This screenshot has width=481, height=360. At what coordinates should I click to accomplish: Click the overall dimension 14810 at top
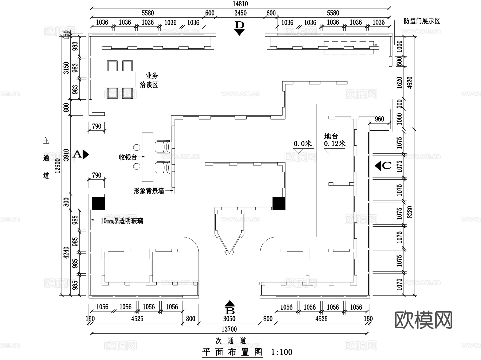pos(240,4)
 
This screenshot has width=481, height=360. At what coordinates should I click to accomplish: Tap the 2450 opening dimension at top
pos(240,13)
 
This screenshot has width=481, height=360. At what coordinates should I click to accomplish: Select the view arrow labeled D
pos(239,28)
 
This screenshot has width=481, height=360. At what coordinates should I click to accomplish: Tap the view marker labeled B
pos(230,308)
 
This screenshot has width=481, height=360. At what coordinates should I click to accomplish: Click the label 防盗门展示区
pos(422,21)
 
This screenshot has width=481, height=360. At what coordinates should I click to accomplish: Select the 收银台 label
pos(128,157)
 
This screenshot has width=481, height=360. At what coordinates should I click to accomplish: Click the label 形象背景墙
pos(149,191)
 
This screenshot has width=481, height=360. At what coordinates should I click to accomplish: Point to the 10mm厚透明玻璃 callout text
pos(122,221)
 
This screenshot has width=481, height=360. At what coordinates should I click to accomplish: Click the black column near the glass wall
pos(98,203)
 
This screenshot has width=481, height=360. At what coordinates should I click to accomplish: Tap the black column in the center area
pos(279,203)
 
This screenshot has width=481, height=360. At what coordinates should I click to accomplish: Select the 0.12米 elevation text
pos(335,144)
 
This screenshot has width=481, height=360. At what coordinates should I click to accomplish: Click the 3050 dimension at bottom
pos(229,319)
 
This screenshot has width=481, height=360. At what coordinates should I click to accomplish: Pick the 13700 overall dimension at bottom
pos(229,329)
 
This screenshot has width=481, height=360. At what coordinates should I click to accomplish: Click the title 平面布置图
pos(232,352)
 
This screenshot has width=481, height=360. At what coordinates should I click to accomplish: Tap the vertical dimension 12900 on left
pos(58,166)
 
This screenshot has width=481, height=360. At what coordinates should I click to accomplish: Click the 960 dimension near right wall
pos(379,119)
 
